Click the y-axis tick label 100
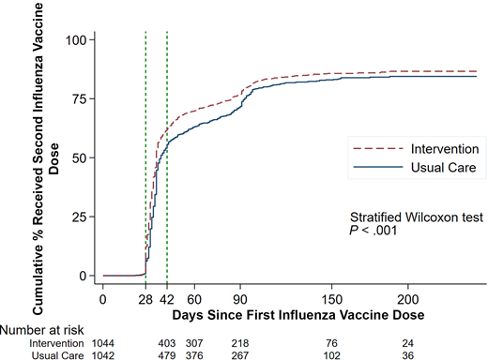coord(75,41)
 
